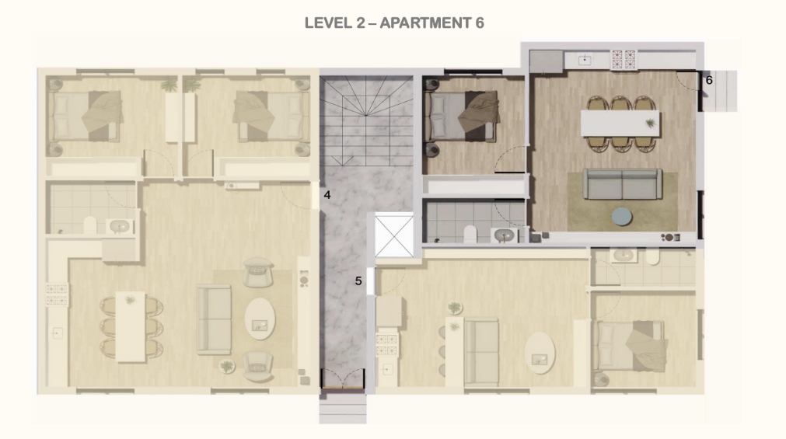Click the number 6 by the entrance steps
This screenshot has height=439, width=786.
(x=709, y=80)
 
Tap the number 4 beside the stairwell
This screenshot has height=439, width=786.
(x=327, y=195)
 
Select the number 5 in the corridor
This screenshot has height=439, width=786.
(x=358, y=281)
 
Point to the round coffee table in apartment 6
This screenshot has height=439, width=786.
(x=622, y=217)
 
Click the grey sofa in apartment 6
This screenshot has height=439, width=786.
(x=622, y=184)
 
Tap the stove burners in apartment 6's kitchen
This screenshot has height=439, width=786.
(x=623, y=60)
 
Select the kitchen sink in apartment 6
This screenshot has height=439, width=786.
(x=585, y=60)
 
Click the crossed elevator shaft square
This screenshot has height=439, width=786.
(x=394, y=235)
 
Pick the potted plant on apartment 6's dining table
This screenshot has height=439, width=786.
(x=651, y=123)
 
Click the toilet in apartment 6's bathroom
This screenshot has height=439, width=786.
(x=470, y=235)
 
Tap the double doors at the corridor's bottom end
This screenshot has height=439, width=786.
(x=343, y=378)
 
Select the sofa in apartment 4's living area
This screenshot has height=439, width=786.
(x=214, y=319)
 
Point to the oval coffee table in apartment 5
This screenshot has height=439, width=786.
(x=540, y=353)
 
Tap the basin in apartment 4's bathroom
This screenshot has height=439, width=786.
(x=119, y=227)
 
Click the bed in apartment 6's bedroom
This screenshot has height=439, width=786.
(x=462, y=116)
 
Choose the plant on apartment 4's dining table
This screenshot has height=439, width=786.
(x=131, y=300)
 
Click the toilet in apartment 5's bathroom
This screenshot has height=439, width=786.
(x=653, y=256)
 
